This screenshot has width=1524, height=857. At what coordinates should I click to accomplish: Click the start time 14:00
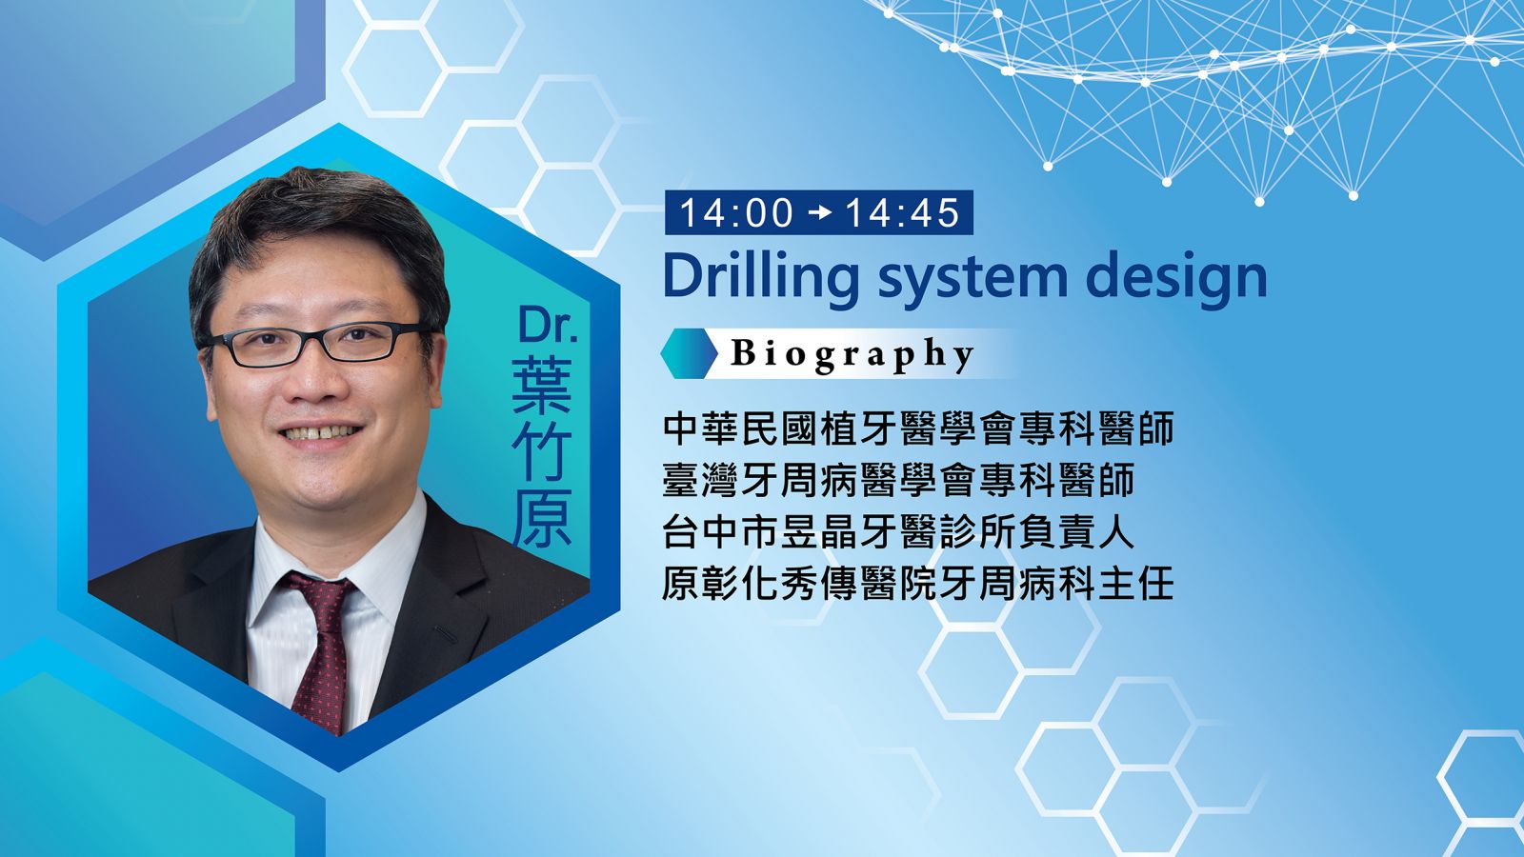click(736, 213)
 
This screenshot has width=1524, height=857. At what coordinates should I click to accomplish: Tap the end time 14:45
click(902, 213)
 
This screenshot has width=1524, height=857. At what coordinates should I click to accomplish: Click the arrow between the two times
click(820, 213)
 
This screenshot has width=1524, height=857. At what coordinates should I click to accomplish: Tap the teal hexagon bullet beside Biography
click(690, 353)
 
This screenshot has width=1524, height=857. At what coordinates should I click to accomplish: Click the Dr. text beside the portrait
click(548, 325)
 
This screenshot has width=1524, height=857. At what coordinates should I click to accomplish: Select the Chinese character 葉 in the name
click(542, 385)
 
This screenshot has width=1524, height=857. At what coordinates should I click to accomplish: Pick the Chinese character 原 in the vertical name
click(542, 518)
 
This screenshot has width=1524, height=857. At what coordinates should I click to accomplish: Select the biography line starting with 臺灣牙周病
click(899, 480)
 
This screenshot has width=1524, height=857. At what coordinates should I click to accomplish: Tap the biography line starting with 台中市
click(899, 532)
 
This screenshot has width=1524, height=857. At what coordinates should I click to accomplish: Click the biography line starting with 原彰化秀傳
click(918, 584)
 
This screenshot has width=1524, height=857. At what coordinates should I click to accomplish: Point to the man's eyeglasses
click(316, 344)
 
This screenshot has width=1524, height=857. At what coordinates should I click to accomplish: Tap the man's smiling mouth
click(320, 432)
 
